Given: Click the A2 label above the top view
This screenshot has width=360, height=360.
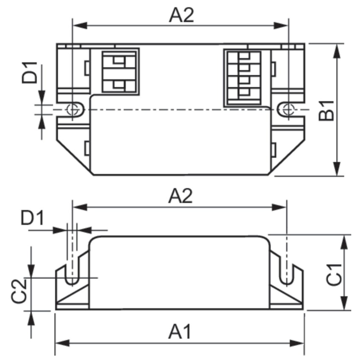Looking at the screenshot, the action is point(181,15).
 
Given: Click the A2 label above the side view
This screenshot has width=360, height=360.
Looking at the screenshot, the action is point(180,196).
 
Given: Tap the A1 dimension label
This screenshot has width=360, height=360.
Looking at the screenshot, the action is point(180,332).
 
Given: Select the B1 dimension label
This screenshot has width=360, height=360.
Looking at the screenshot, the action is point(326,111).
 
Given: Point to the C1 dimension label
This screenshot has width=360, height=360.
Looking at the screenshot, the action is point(334,275).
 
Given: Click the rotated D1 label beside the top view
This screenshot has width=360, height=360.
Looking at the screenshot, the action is point(29,72).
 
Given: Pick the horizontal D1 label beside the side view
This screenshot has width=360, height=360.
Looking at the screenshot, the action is point(32,218).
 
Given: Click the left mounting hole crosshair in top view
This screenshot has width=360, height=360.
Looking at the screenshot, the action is point(72,110).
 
